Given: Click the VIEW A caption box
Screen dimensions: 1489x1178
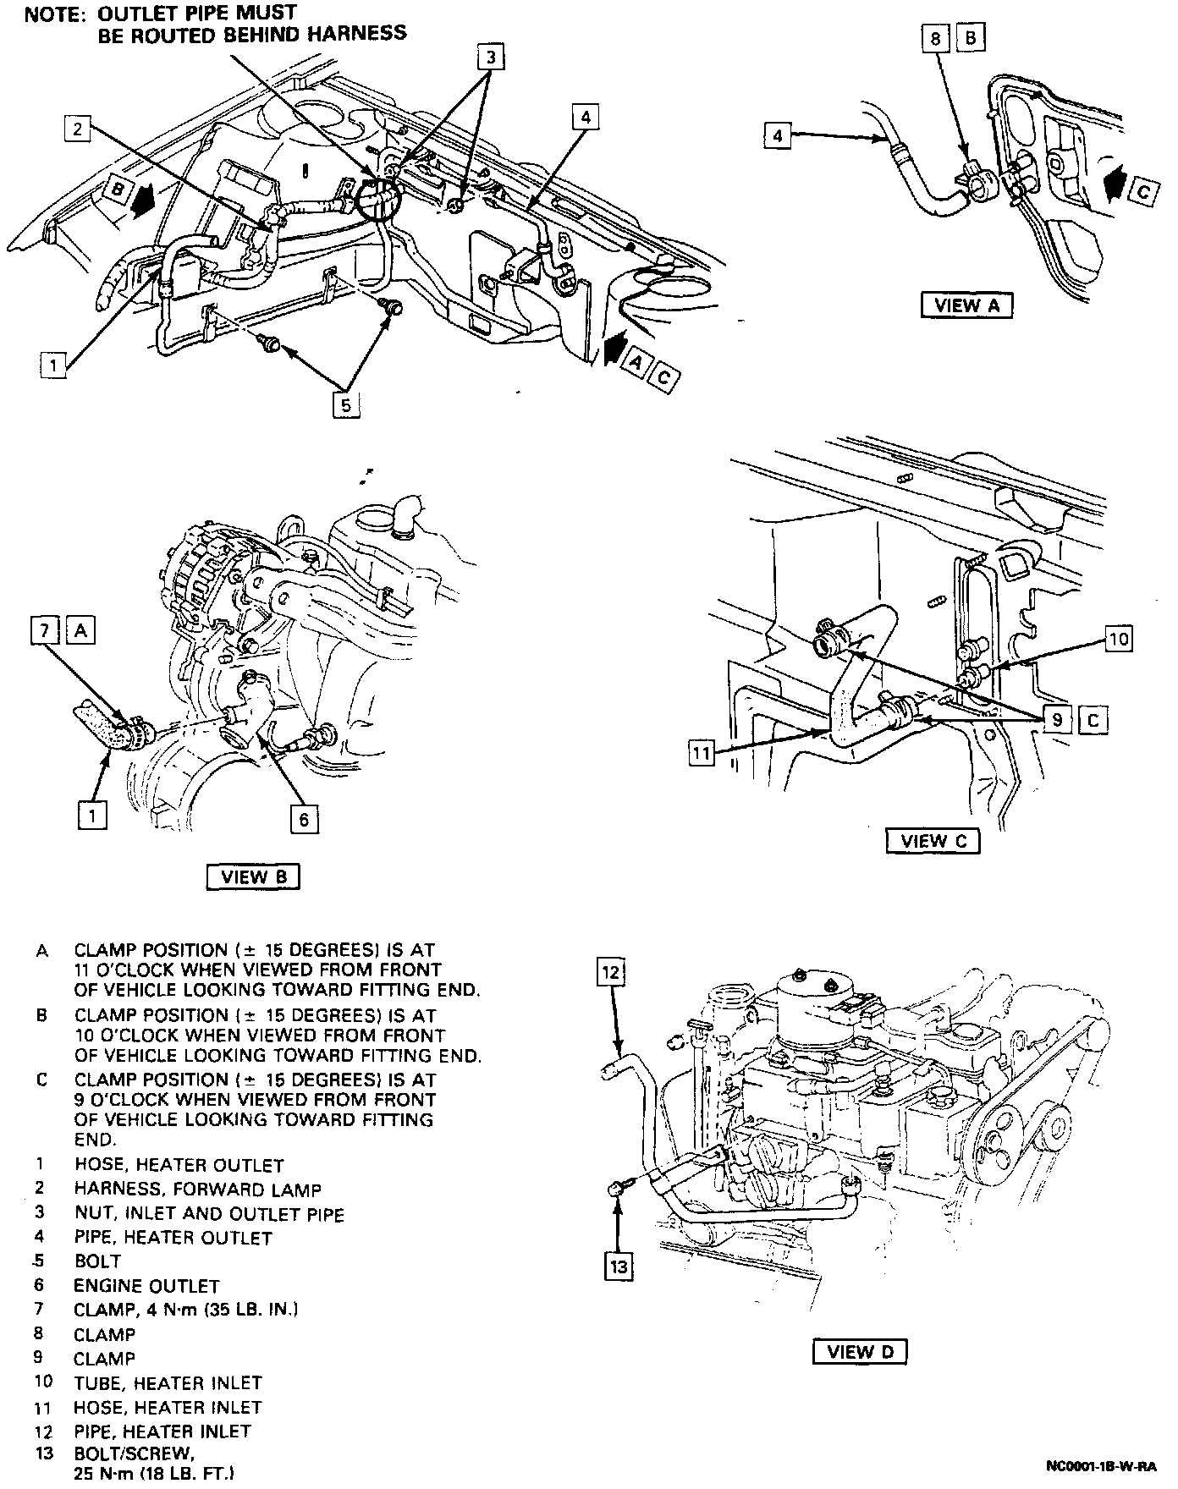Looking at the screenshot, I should coord(967,305).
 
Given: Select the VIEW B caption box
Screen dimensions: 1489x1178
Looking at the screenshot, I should coord(253,876).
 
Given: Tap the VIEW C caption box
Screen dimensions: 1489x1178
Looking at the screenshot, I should coord(933,841).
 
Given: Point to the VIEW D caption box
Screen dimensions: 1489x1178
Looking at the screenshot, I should coord(859,1351).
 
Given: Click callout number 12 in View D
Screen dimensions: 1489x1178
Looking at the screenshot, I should coord(611,973).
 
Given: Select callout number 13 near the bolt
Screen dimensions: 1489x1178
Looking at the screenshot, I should coord(619,1266).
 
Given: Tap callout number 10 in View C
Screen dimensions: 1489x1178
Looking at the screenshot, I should coord(1119,639).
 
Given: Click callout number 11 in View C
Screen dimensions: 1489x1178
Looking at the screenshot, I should coord(702,752).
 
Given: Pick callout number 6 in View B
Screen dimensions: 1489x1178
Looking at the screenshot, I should coord(304,818).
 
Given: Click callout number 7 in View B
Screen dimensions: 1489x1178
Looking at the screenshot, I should coord(45,630).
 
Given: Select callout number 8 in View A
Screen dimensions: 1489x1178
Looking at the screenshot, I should coord(935,38).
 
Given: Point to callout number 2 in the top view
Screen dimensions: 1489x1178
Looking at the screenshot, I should coord(77,128).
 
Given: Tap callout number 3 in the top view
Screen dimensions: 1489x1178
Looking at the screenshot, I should coord(490,58).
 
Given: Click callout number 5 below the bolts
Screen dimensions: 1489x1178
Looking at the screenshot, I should coord(345,405).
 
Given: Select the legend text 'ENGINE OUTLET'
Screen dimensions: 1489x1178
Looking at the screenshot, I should coord(146,1286).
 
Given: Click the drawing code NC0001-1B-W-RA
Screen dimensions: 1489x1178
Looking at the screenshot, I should coord(1101,1464).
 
